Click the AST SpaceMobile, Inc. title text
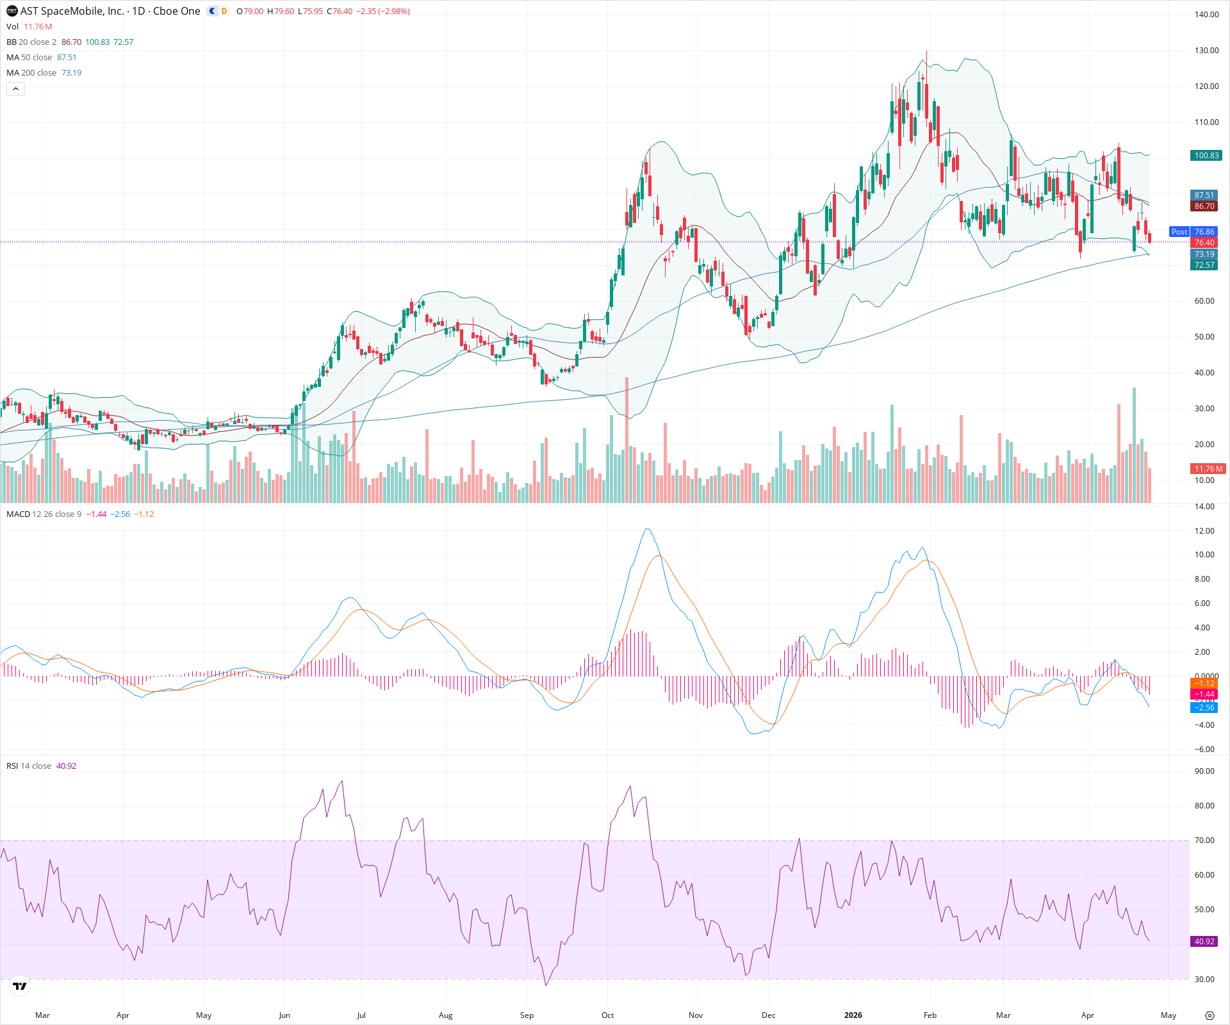(x=72, y=11)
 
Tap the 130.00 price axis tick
(x=1206, y=51)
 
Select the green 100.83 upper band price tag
(x=1206, y=156)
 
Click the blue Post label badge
(x=1179, y=232)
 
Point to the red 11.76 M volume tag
(x=1208, y=469)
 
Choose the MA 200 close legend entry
(x=32, y=73)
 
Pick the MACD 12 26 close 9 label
(x=44, y=514)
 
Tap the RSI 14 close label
(x=29, y=766)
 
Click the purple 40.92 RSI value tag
(x=1204, y=942)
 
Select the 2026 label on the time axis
(x=853, y=1015)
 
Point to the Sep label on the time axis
(x=527, y=1015)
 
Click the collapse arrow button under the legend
(x=15, y=89)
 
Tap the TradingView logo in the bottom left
(x=20, y=987)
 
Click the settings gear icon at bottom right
(x=1209, y=1016)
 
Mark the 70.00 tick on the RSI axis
(x=1204, y=840)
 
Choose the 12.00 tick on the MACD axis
(x=1204, y=531)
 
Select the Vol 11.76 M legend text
(x=29, y=27)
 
